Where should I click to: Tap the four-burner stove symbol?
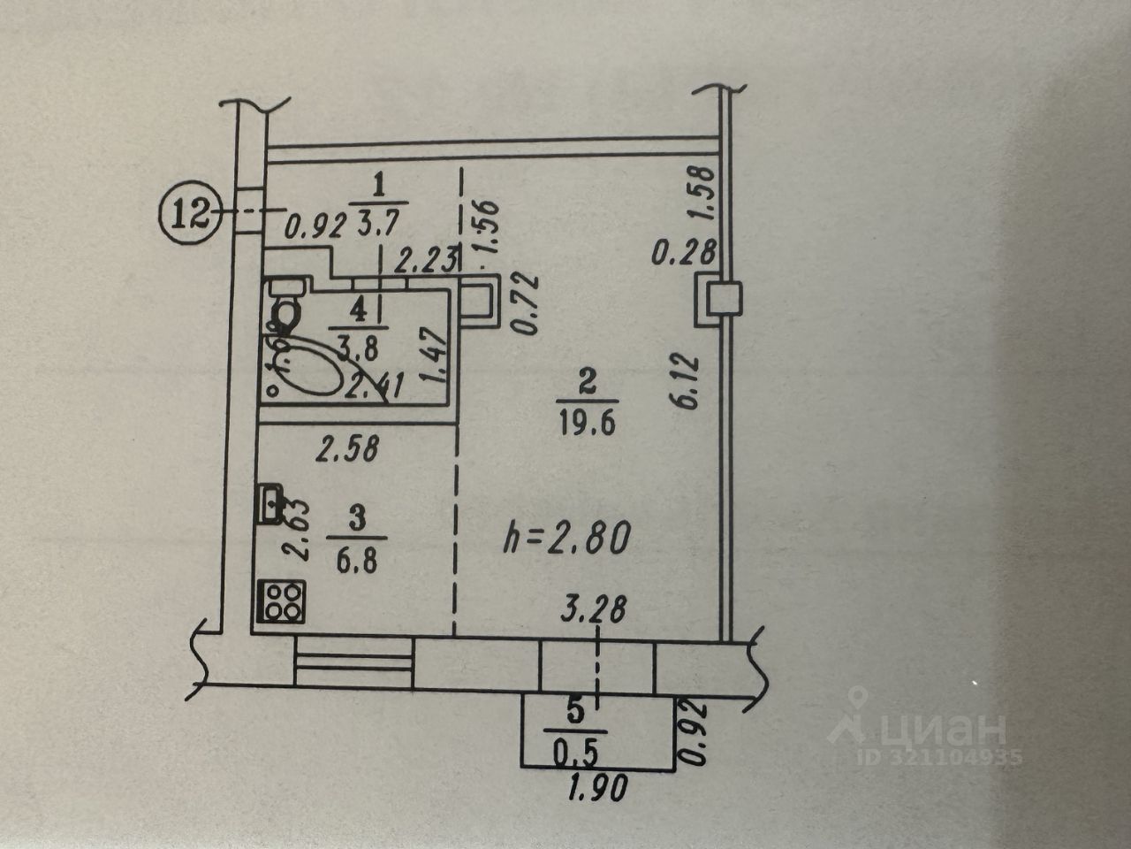[281, 601]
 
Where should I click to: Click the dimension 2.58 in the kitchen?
[347, 450]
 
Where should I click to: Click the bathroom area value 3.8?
[358, 348]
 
